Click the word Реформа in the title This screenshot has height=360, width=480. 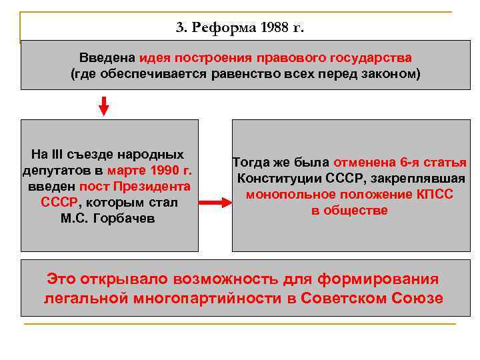point(223,28)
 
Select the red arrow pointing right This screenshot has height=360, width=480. point(215,203)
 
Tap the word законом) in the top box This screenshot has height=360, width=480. point(394,73)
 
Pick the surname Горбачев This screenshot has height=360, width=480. point(127,218)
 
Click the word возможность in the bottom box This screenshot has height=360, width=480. point(236,279)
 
